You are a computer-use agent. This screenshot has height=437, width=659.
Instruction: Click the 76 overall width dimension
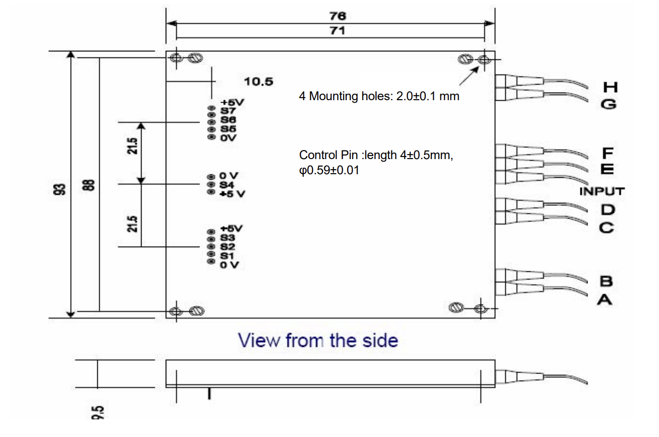(x=337, y=16)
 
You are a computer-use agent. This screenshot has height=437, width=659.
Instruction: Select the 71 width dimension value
(x=337, y=31)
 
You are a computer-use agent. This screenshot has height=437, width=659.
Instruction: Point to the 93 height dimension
(x=60, y=189)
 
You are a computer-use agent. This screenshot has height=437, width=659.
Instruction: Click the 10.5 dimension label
(x=258, y=82)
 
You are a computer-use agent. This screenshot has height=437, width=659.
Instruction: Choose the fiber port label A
(x=605, y=300)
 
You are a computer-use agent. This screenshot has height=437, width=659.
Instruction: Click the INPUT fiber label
(x=602, y=191)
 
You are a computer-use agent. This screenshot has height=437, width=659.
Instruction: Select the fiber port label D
(x=607, y=209)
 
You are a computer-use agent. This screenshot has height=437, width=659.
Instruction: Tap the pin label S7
(x=228, y=111)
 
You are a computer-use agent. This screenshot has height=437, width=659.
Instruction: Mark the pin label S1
(x=227, y=256)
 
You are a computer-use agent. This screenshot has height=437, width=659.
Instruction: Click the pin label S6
(x=228, y=120)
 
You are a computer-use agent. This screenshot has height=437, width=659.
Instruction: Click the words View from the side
(x=318, y=341)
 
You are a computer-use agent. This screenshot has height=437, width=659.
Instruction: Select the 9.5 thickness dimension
(x=98, y=412)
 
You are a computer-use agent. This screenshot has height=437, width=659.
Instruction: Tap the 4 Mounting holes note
(x=379, y=96)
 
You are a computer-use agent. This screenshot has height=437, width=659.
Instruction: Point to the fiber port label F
(x=607, y=152)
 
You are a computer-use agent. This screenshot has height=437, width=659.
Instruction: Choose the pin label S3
(x=228, y=238)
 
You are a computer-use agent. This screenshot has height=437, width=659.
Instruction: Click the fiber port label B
(x=606, y=281)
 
